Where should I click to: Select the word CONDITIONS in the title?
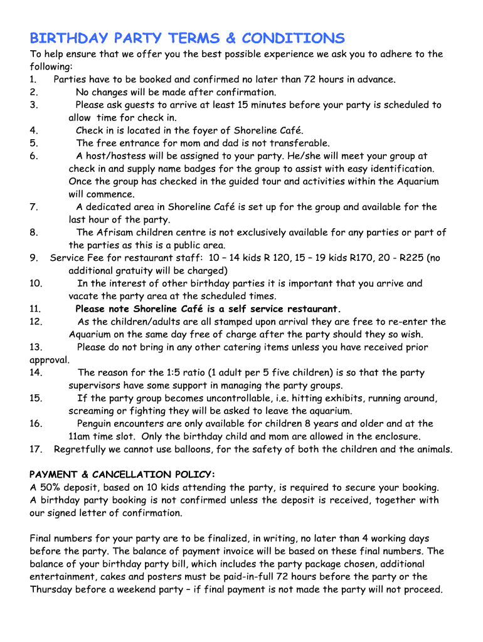293,38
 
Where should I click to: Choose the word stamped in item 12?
249,322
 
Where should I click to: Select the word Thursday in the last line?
52,589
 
